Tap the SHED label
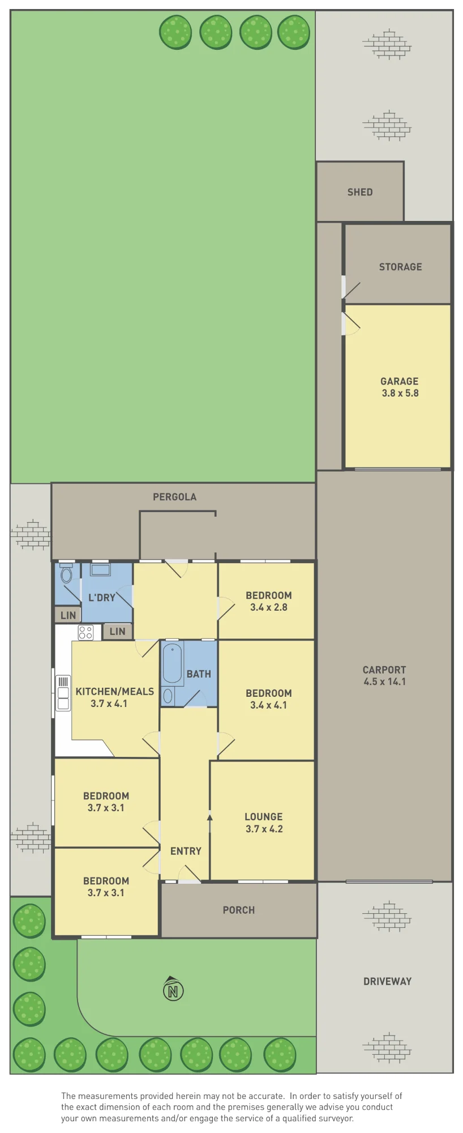(x=360, y=192)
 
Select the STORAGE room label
(x=400, y=267)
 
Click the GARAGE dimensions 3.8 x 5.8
(x=400, y=393)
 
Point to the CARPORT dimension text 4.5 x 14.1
(x=384, y=681)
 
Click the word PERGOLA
(x=174, y=497)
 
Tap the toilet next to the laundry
(x=66, y=573)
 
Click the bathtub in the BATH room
(x=173, y=664)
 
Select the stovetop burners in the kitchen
(x=85, y=632)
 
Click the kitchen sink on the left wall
(x=63, y=692)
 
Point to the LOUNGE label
(x=264, y=816)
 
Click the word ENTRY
(x=186, y=851)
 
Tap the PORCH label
(x=239, y=910)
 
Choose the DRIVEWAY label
(x=387, y=981)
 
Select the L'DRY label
(x=102, y=597)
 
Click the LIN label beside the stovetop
(x=118, y=631)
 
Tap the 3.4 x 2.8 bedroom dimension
(x=269, y=607)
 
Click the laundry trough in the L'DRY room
(x=101, y=569)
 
